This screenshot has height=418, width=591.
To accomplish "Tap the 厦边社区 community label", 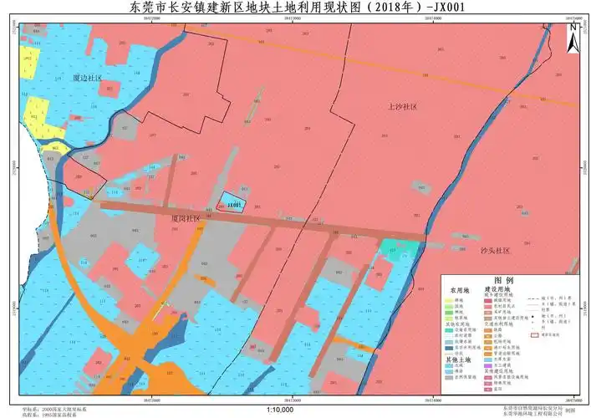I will (88, 78).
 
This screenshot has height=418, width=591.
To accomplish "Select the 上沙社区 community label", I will (402, 107).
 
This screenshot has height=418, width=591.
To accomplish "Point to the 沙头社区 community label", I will (495, 250).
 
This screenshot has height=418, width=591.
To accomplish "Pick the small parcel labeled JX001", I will (233, 204).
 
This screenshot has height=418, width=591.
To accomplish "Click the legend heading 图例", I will (503, 281).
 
